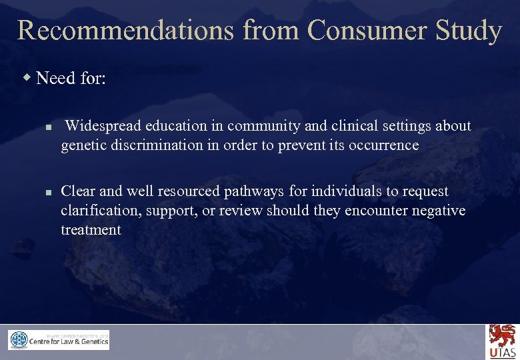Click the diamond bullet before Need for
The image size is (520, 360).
[27, 79]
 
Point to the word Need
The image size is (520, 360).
[55, 79]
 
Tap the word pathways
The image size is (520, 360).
[253, 192]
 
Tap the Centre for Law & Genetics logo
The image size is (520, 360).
[59, 340]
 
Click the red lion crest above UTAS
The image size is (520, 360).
[502, 335]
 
